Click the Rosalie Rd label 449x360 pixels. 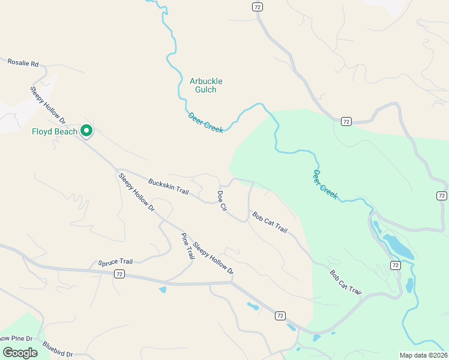click(x=23, y=62)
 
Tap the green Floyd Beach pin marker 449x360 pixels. click(x=86, y=130)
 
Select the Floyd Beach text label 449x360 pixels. click(x=55, y=131)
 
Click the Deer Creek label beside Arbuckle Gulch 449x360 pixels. click(x=205, y=122)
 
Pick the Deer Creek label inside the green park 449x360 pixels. click(x=325, y=184)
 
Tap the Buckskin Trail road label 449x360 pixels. click(x=168, y=187)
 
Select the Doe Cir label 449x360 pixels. click(x=221, y=200)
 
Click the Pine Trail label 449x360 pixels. click(x=188, y=245)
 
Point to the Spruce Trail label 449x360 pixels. click(x=115, y=262)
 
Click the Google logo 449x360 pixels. click(x=20, y=352)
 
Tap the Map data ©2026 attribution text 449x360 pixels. click(x=423, y=355)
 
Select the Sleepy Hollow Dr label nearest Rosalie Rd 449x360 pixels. click(x=47, y=106)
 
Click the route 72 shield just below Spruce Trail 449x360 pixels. click(x=119, y=274)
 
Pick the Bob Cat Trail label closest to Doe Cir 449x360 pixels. click(x=270, y=223)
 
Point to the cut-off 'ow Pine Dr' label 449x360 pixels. click(x=18, y=338)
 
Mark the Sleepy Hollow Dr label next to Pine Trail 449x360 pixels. click(x=212, y=258)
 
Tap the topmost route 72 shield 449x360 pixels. click(x=257, y=7)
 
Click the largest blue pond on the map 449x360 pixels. click(x=399, y=247)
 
